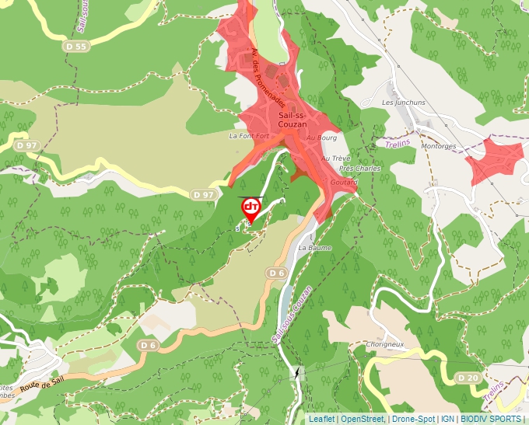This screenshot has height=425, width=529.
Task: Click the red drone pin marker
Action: coord(251,208)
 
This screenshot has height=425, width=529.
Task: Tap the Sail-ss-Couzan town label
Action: coord(293,120)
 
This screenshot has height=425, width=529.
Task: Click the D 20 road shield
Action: coord(468,378)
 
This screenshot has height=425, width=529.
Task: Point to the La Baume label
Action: coord(315,248)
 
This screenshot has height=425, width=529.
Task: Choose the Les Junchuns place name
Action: coord(404,103)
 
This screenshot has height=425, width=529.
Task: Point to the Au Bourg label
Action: coord(321,138)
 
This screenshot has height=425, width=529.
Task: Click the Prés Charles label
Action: coord(360,168)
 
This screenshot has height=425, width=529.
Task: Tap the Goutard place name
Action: coord(345,182)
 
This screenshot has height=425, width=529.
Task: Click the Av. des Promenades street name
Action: coord(269,78)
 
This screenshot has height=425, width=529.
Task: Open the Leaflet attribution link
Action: coord(321,419)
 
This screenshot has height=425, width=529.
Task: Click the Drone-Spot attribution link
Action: coord(414,419)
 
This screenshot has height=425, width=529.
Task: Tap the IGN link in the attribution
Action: coord(448,419)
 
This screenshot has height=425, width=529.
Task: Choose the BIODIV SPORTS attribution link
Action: coord(490,419)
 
